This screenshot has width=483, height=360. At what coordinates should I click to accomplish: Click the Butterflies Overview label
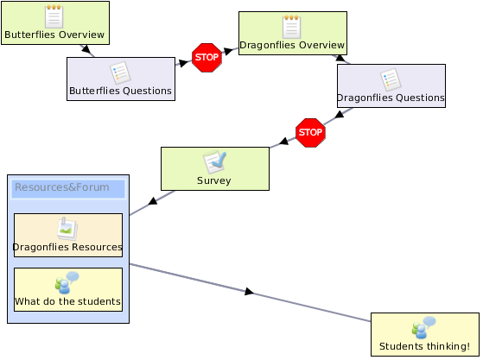click(54, 35)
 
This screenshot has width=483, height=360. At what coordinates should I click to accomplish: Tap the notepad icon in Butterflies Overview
click(54, 16)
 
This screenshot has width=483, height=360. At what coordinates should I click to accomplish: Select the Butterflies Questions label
click(120, 91)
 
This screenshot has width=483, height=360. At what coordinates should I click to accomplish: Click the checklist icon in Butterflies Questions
click(120, 73)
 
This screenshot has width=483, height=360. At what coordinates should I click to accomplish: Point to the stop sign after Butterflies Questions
click(207, 58)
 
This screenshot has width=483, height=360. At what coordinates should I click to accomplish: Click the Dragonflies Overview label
click(292, 45)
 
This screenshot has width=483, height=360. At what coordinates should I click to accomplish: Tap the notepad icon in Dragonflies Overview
click(292, 27)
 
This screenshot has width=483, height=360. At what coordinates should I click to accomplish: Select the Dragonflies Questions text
click(391, 98)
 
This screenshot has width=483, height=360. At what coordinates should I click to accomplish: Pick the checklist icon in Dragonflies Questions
click(391, 79)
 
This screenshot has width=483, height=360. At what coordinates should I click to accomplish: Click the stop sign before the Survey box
click(310, 133)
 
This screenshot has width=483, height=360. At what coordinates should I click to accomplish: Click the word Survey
click(214, 180)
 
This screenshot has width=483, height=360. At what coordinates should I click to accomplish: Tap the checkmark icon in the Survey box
click(214, 161)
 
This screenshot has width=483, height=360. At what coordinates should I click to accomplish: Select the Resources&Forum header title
click(62, 187)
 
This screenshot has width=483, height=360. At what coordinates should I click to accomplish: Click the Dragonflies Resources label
click(67, 247)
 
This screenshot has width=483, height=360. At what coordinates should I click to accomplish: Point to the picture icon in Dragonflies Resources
click(67, 229)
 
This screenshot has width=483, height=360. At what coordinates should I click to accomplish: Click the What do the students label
click(67, 301)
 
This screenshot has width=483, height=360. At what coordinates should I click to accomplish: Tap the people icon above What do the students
click(67, 283)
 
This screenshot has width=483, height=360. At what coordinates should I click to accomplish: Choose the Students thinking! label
click(425, 346)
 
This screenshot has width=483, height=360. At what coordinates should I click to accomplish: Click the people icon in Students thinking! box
click(424, 328)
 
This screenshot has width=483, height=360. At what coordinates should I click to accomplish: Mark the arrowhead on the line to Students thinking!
click(249, 292)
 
